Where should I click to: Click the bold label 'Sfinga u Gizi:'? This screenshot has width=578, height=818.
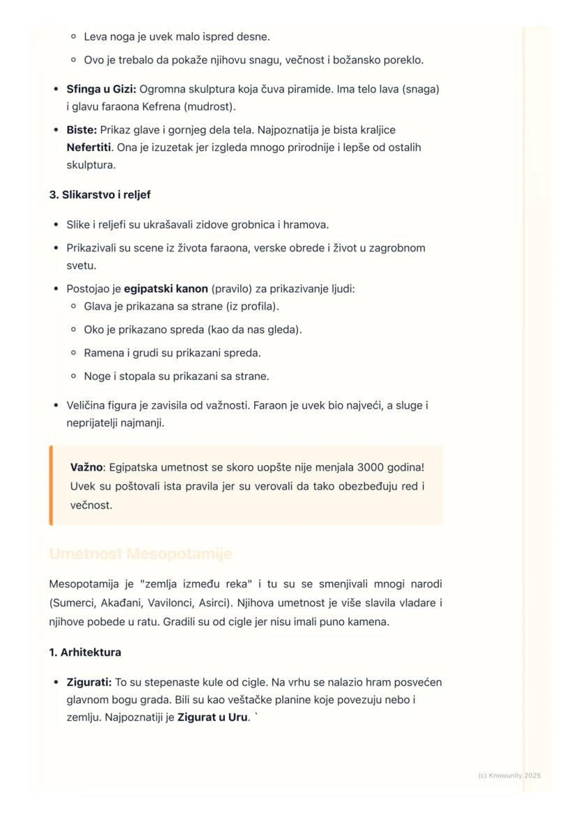(101, 89)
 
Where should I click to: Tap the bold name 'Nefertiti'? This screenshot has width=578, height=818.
(89, 147)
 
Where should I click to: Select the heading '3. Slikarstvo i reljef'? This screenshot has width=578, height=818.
(100, 195)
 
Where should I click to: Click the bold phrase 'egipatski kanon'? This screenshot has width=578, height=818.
(166, 289)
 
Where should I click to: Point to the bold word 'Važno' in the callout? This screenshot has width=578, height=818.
(87, 467)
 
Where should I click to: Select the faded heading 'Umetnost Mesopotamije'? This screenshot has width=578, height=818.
(140, 554)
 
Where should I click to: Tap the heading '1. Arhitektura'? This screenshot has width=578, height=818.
(85, 652)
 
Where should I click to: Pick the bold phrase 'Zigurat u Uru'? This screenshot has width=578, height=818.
(212, 717)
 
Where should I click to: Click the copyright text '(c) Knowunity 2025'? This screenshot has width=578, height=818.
(510, 775)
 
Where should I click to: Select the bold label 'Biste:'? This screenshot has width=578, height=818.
(82, 130)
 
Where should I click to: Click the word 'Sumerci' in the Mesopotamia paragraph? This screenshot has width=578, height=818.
(73, 602)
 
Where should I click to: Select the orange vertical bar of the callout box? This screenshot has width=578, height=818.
(51, 485)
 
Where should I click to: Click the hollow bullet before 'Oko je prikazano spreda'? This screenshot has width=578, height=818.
(73, 330)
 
